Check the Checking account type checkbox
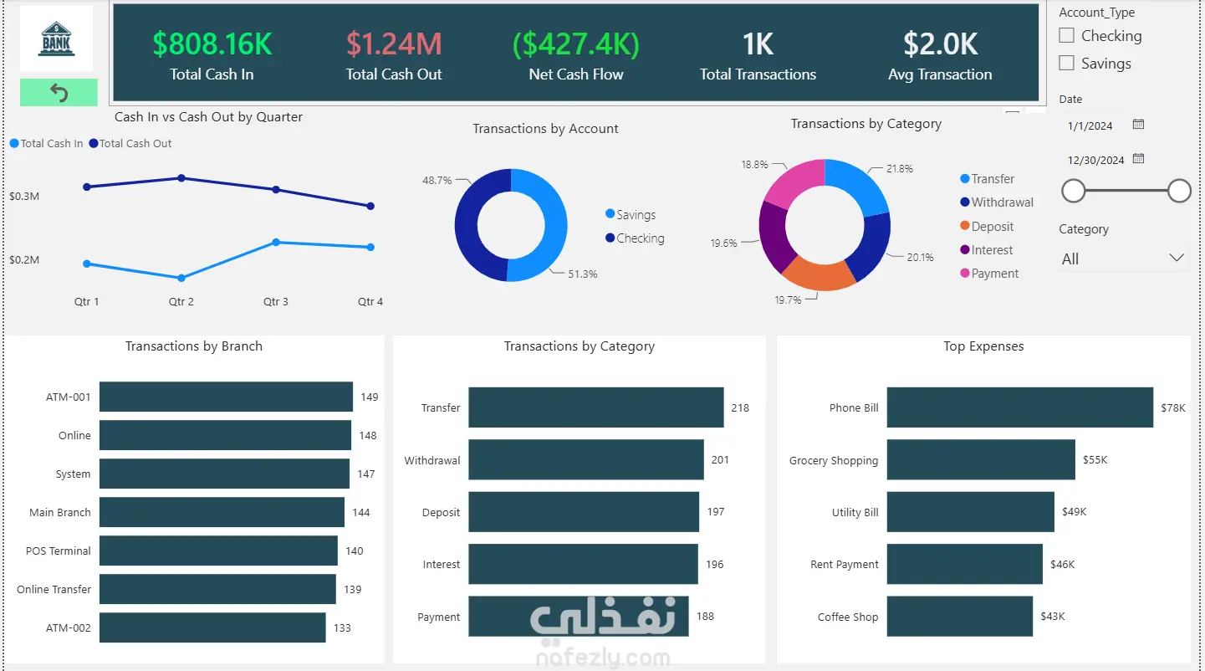coord(1066,35)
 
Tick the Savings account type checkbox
coord(1066,63)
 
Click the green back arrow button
coord(59,93)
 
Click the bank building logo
coord(57,38)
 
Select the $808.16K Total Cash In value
coord(212,44)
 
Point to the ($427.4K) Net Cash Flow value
coord(575,44)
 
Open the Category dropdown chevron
coord(1177,258)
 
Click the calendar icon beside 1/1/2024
coord(1138,125)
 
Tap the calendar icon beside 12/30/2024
coord(1138,159)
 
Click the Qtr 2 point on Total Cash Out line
coord(181,178)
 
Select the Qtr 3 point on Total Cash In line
coord(276,242)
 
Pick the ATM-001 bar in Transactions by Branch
coord(226,397)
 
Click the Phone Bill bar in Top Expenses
coord(1020,407)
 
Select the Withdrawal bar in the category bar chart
coord(586,459)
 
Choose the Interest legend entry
coord(987,249)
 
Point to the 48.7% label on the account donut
coord(437,180)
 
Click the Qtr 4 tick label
coord(370,301)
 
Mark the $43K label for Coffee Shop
coord(1053,616)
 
